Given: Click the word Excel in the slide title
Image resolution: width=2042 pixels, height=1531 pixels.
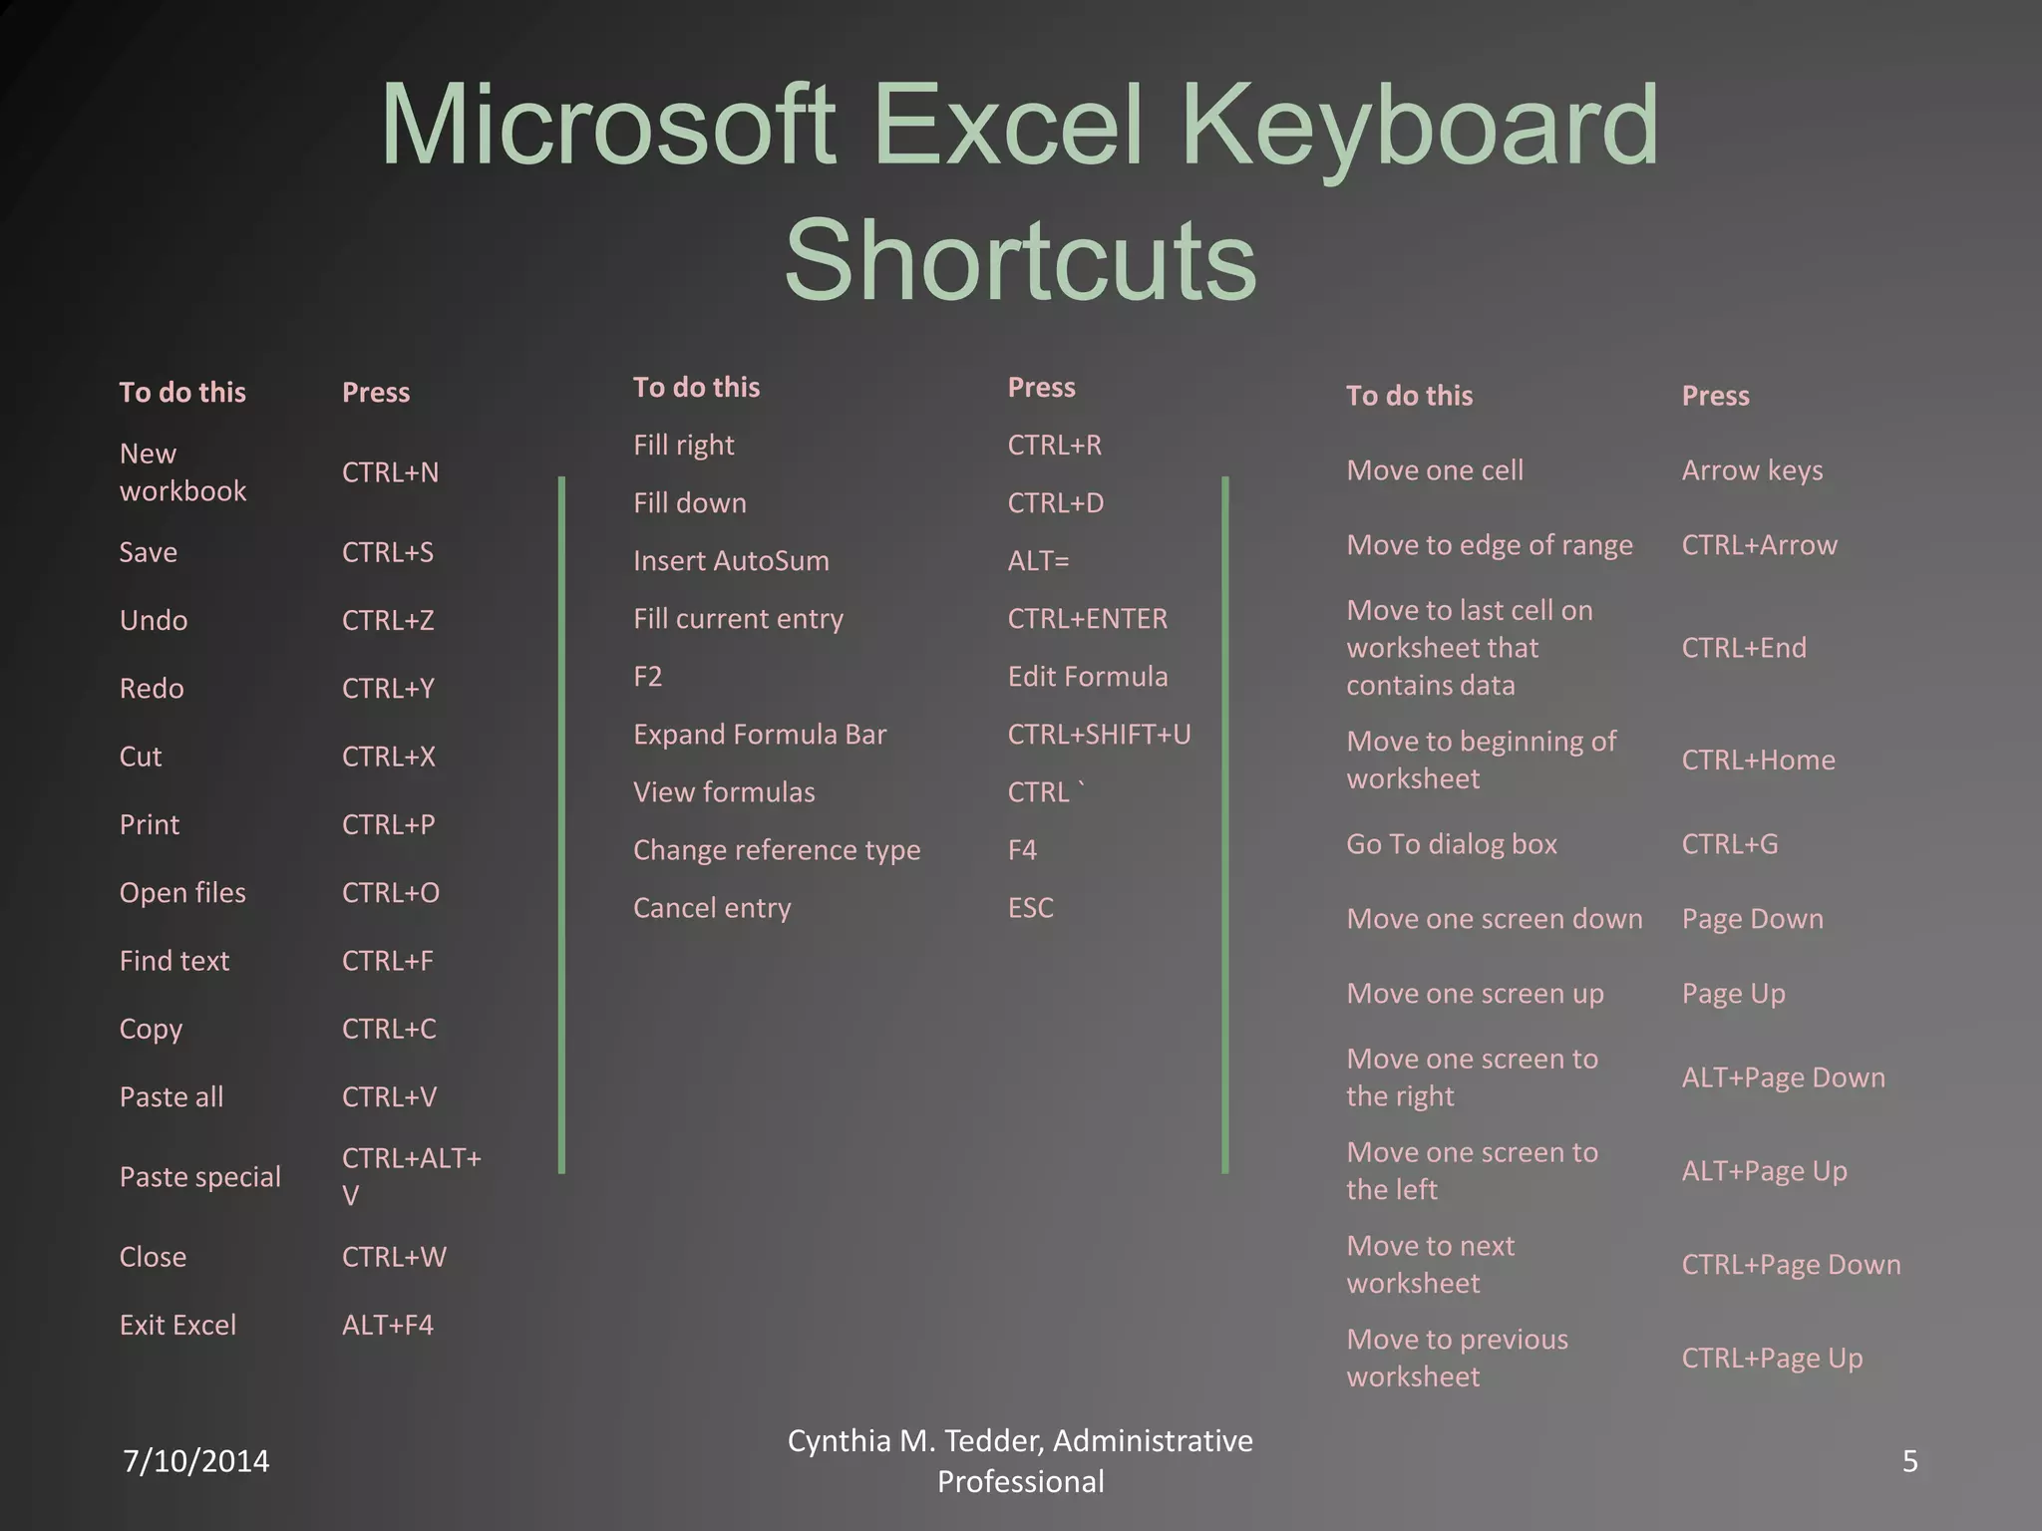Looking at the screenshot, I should click(1007, 126).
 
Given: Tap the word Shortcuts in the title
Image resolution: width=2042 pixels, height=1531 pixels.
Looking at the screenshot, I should click(1020, 259).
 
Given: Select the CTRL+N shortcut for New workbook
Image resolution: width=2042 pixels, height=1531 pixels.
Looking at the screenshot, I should click(390, 472).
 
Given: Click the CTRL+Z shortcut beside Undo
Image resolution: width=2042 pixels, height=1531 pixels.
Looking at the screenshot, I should click(388, 620).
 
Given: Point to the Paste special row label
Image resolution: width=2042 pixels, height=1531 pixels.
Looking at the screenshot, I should click(200, 1177).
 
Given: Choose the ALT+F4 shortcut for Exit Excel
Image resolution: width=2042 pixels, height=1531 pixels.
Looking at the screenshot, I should click(388, 1325).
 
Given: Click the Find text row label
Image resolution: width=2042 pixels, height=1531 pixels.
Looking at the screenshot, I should click(174, 961).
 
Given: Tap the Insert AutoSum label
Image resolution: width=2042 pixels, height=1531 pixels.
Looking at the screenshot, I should click(731, 560).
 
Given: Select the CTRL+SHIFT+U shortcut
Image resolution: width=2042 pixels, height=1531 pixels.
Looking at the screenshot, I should click(1099, 735).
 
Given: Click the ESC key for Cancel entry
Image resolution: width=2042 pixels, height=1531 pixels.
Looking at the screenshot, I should click(1030, 908).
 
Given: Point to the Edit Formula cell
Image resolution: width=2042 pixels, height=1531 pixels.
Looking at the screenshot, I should click(1087, 677).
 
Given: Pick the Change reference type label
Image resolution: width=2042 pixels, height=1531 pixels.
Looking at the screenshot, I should click(777, 850).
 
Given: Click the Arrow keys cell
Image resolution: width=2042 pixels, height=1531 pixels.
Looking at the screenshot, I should click(1752, 470).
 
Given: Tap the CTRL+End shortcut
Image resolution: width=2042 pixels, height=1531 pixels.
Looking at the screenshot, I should click(1744, 648).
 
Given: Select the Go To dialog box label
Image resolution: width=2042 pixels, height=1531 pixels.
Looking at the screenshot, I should click(1451, 844).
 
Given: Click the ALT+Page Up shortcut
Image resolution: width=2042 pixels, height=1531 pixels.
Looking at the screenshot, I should click(1764, 1171).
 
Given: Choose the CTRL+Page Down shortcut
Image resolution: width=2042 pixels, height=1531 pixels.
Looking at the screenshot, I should click(1791, 1265).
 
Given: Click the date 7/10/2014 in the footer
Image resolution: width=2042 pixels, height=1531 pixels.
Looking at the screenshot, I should click(195, 1461).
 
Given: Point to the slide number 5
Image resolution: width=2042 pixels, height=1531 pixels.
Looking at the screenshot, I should click(1909, 1461).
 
